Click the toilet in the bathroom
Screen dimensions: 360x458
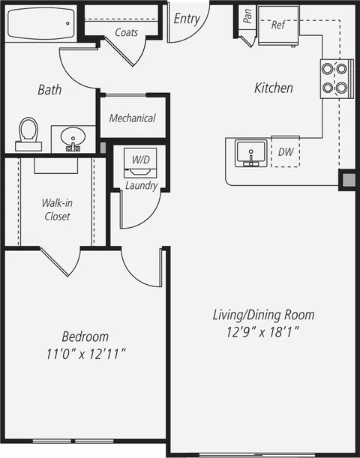click(28, 134)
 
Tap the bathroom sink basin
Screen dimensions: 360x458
click(73, 136)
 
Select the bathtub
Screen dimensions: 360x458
click(41, 23)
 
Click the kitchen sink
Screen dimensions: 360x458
click(251, 154)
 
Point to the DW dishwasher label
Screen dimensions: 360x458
click(286, 151)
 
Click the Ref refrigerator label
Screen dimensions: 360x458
click(278, 25)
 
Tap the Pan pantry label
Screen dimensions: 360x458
click(247, 16)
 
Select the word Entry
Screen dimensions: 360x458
click(187, 19)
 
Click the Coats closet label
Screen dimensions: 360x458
click(126, 32)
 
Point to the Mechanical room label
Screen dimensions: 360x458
click(132, 118)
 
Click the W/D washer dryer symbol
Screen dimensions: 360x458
click(140, 163)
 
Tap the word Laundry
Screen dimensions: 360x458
click(142, 185)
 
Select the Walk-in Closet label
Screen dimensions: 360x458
click(57, 209)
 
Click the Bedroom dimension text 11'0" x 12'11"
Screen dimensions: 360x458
click(86, 355)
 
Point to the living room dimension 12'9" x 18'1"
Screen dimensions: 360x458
click(263, 332)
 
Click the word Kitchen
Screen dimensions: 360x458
click(274, 88)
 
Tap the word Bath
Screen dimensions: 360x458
click(49, 90)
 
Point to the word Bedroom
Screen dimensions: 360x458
click(85, 337)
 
